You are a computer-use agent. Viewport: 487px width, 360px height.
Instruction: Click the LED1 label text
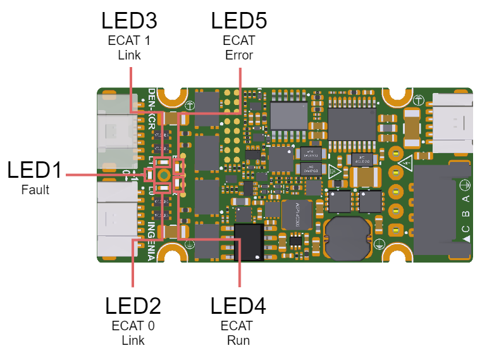point(35,170)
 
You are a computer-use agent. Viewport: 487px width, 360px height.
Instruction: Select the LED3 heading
point(129,20)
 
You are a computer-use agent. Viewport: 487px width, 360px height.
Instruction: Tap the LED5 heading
point(238,20)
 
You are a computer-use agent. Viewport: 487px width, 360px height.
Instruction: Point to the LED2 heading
point(133,306)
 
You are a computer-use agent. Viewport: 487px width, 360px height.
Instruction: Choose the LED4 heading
point(238,306)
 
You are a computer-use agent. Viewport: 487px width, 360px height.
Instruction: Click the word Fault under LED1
point(35,189)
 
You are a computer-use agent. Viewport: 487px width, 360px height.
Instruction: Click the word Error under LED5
point(238,55)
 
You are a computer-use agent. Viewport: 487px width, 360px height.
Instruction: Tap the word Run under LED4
point(238,340)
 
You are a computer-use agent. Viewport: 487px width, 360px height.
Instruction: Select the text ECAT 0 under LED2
point(133,326)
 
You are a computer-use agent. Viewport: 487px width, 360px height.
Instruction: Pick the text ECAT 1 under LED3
point(129,40)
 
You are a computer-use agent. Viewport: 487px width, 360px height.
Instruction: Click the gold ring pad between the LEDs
point(163,175)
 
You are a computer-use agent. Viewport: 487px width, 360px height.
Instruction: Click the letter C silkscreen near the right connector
point(465,228)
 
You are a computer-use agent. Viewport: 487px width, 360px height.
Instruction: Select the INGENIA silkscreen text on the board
point(152,241)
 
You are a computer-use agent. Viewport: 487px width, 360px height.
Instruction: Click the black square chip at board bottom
point(249,241)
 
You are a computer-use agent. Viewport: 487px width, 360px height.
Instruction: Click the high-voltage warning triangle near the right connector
point(405,163)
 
